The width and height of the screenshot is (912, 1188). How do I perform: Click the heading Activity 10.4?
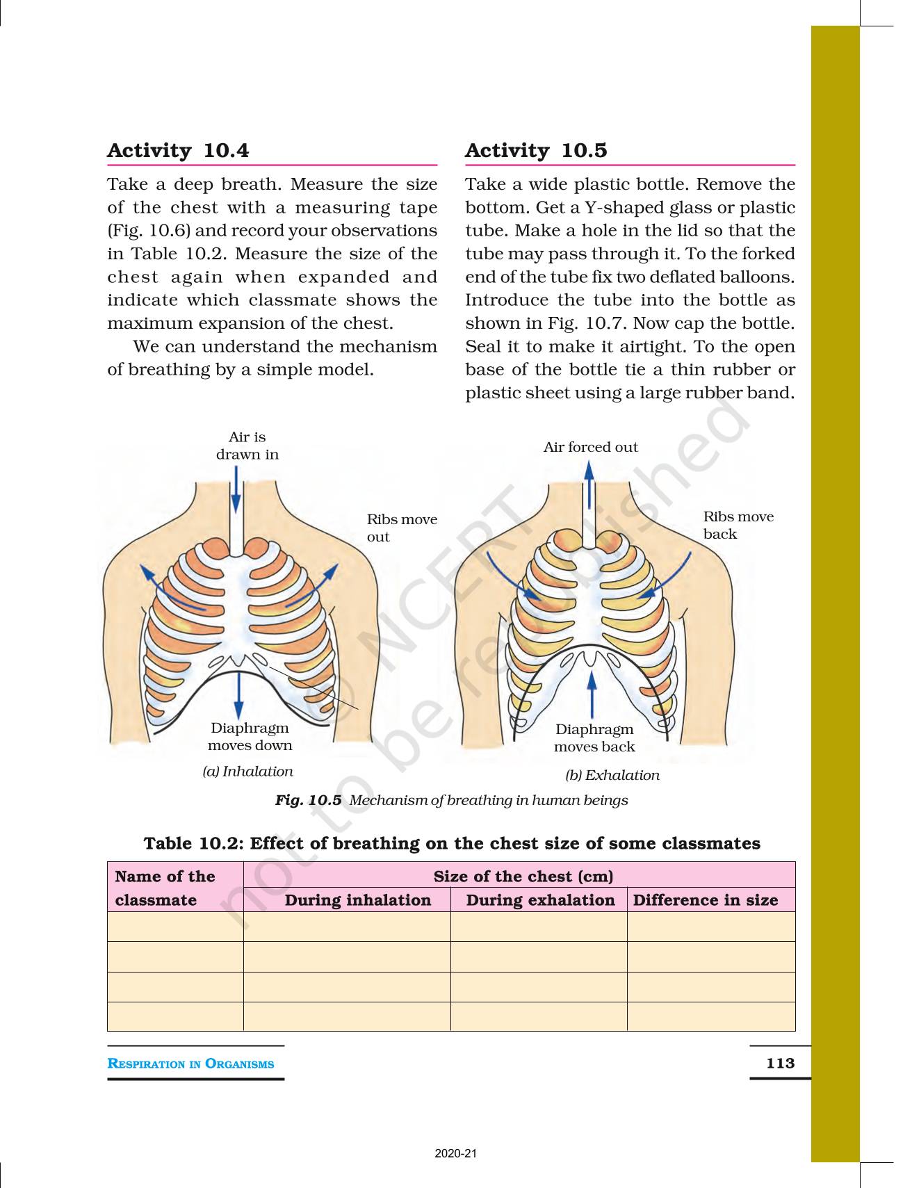178,151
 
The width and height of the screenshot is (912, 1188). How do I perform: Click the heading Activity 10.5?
536,151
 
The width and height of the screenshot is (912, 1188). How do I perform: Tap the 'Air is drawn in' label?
247,446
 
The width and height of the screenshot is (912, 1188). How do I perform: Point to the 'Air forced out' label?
590,447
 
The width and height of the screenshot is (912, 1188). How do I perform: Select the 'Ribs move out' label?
402,528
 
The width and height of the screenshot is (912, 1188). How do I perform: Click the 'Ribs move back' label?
738,525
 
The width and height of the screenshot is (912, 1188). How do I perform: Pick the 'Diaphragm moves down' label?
250,737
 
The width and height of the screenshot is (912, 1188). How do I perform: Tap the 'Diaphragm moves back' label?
594,738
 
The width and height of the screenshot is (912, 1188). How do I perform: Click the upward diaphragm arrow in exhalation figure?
592,692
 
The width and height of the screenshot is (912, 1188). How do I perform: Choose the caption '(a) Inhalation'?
247,772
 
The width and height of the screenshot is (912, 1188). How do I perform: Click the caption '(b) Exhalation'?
612,775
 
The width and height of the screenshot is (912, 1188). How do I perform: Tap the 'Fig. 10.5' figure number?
308,800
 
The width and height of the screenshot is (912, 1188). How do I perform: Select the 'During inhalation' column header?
357,900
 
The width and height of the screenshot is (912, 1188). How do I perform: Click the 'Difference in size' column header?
705,900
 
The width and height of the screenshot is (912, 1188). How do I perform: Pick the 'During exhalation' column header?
540,900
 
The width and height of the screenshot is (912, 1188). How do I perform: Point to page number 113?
780,1063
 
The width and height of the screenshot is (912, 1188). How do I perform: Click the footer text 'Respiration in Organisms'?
190,1064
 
